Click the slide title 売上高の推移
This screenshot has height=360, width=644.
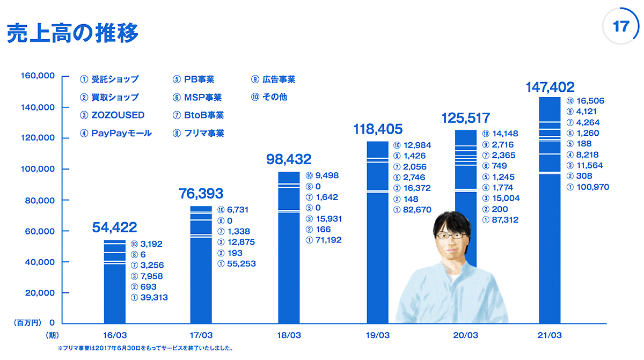[72, 33]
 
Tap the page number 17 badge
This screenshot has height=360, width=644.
[620, 27]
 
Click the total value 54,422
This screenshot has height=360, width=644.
[114, 227]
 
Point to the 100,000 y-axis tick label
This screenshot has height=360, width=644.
[38, 169]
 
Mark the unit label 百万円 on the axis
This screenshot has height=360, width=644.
[27, 323]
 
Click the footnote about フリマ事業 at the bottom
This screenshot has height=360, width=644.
[145, 348]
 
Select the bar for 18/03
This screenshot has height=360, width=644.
[289, 247]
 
